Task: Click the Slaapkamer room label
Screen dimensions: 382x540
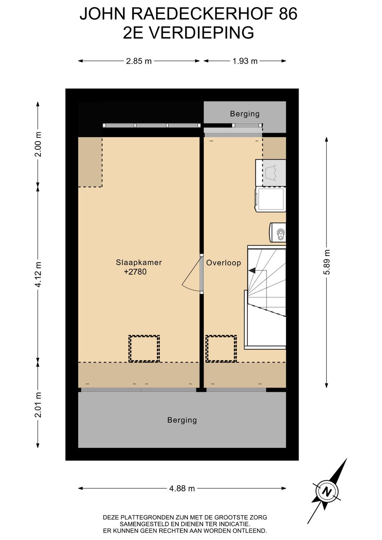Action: point(139,262)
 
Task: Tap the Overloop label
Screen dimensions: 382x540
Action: point(224,263)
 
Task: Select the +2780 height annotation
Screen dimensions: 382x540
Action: point(135,272)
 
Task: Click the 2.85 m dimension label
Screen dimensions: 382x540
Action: point(139,61)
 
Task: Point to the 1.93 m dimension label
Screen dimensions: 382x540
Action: point(245,61)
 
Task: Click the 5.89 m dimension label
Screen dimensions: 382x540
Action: point(327,262)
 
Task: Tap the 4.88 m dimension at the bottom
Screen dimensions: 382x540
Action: point(182,488)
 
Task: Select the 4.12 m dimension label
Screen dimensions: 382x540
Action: point(38,274)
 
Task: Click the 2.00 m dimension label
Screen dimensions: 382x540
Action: point(38,144)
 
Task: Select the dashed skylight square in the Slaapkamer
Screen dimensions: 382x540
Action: point(144,349)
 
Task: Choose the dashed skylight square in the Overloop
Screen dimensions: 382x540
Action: point(221,349)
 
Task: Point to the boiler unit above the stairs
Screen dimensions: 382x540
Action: point(278,232)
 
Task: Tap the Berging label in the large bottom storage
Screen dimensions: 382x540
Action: point(182,420)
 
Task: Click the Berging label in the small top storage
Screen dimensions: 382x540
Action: point(245,114)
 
